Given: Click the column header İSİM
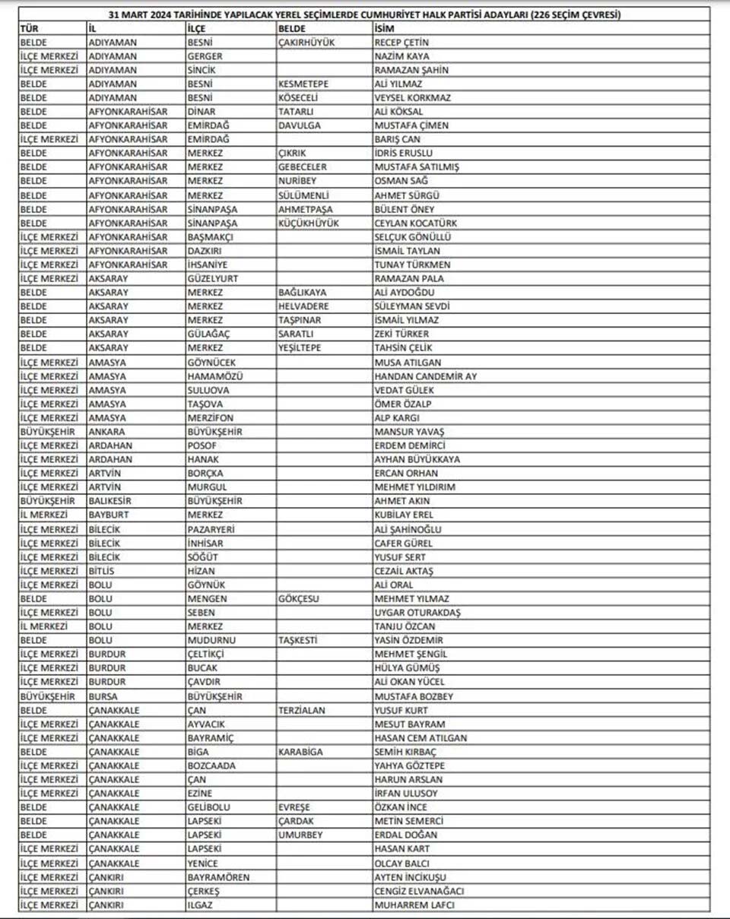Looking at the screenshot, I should click(x=383, y=28).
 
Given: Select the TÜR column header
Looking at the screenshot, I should click(x=29, y=28).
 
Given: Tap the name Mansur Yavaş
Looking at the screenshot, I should click(x=409, y=432).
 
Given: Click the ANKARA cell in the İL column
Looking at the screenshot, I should click(x=107, y=432).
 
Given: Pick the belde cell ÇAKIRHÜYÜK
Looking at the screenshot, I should click(x=306, y=42).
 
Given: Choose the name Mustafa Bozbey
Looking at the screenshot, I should click(x=414, y=696).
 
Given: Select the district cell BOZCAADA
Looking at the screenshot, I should click(x=211, y=765).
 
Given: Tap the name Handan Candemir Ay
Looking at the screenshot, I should click(x=426, y=376).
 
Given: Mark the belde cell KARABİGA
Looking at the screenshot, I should click(x=300, y=752).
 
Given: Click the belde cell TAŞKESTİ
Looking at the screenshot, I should click(x=297, y=641).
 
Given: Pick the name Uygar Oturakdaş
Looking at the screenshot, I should click(x=417, y=613).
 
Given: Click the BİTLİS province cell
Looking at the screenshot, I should click(x=103, y=571).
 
